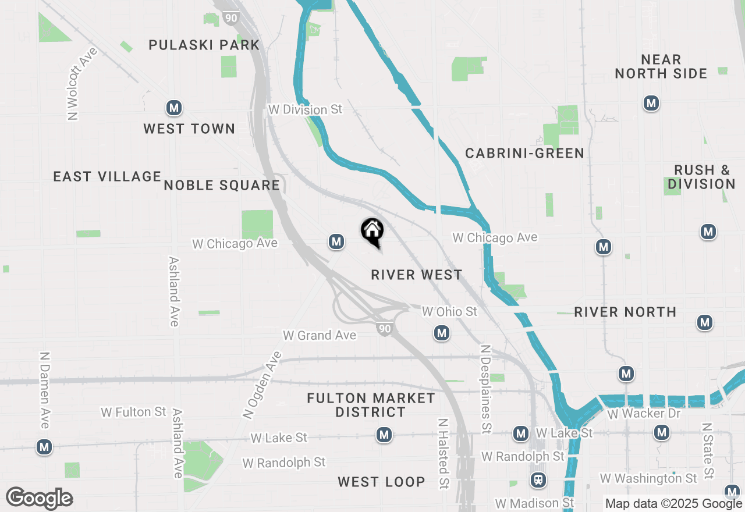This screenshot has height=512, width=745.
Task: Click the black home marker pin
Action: [x=372, y=232]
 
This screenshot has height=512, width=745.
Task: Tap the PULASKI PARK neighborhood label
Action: [x=204, y=45]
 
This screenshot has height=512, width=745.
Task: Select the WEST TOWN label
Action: [x=189, y=129]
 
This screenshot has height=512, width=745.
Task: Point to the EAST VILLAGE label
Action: [x=107, y=176]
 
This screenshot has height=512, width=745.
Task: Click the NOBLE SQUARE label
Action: [x=222, y=186]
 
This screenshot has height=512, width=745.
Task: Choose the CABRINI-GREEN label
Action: [x=524, y=153]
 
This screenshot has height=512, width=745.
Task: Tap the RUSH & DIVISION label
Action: [x=701, y=177]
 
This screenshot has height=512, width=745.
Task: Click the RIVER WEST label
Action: [x=417, y=275]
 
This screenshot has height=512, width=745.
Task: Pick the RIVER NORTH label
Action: [x=625, y=312]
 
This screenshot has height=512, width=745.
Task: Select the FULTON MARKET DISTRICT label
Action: [x=371, y=406]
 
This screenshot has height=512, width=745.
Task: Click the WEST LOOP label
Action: [x=381, y=482]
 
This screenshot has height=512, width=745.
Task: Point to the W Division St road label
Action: [x=305, y=109]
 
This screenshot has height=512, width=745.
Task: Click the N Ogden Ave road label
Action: [x=262, y=385]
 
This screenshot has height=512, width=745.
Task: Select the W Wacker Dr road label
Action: [x=644, y=414]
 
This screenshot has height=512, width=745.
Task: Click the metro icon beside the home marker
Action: [x=336, y=241]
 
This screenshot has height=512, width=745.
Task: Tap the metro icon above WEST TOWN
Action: [x=173, y=108]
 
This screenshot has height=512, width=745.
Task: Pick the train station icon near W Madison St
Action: [x=539, y=481]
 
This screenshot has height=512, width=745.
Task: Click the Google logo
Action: [x=40, y=499]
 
